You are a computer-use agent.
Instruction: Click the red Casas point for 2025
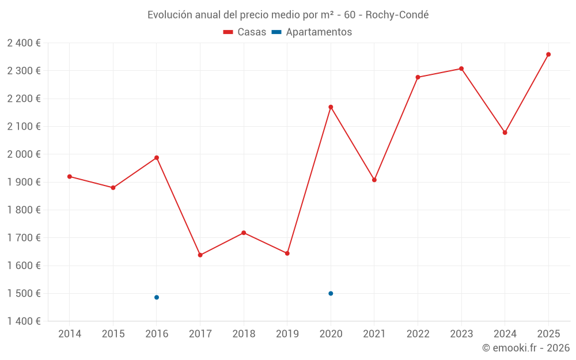[548, 54]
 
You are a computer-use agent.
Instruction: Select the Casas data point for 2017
[200, 255]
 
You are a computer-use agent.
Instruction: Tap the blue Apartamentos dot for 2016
[157, 297]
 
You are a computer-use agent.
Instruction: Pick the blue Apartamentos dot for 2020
[331, 293]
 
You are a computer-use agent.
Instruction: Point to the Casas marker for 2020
[331, 107]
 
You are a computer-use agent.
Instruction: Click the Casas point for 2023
[461, 69]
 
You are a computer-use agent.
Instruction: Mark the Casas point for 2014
[70, 176]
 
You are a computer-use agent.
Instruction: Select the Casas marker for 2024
[505, 132]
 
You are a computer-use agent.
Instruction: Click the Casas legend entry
[245, 32]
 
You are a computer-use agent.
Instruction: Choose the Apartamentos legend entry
[312, 32]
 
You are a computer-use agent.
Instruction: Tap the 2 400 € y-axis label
[24, 43]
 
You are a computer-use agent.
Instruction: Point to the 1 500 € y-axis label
[24, 293]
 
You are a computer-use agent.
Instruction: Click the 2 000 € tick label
[24, 154]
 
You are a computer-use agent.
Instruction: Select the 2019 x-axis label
[287, 334]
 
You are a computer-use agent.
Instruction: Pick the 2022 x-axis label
[418, 334]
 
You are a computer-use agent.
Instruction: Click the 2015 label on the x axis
[113, 334]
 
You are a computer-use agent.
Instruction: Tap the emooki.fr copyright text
[525, 348]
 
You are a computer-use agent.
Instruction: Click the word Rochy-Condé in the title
[397, 15]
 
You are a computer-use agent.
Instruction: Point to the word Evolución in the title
[170, 15]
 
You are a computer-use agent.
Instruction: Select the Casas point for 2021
[374, 180]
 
